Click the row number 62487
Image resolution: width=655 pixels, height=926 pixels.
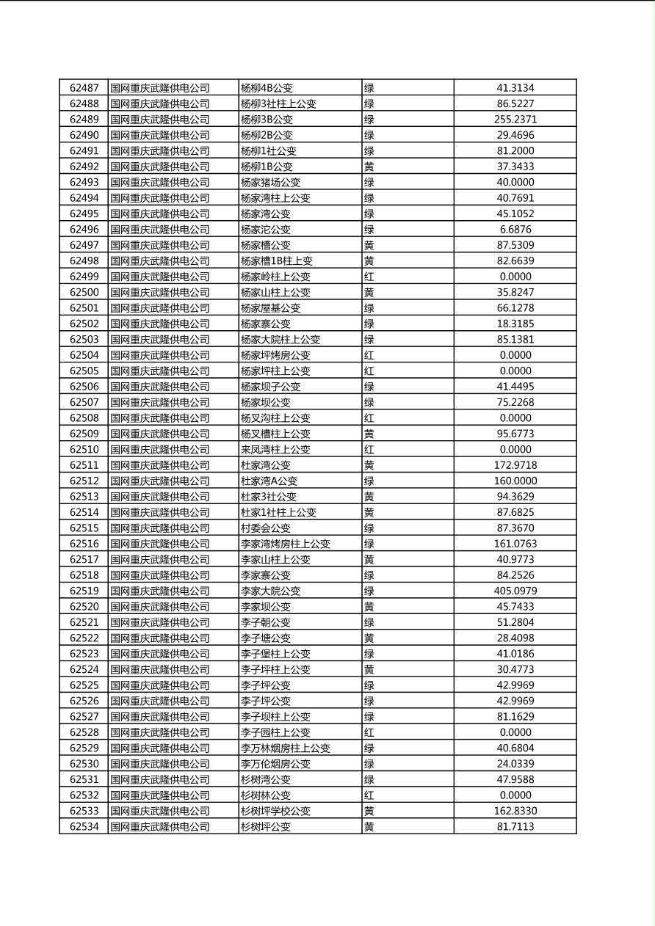[x=84, y=88]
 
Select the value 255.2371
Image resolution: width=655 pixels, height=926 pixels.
[x=515, y=120]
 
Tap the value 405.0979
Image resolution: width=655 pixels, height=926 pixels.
[x=515, y=591]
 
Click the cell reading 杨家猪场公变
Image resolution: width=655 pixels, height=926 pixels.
[x=270, y=182]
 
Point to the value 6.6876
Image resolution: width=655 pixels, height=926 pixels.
[x=515, y=230]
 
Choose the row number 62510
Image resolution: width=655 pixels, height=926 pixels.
[x=84, y=449]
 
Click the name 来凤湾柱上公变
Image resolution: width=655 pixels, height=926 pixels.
[x=275, y=449]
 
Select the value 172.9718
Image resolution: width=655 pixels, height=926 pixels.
[x=515, y=465]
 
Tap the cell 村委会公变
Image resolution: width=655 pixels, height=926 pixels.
[x=265, y=528]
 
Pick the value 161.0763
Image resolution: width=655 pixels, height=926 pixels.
[x=515, y=544]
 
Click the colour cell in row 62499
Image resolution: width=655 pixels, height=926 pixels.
[x=369, y=277]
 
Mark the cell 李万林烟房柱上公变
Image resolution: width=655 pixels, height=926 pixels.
[x=285, y=748]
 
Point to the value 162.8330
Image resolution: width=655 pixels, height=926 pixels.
[x=515, y=811]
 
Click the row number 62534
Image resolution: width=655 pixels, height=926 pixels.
[x=84, y=827]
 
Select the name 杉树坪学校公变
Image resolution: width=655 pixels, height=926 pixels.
[x=275, y=811]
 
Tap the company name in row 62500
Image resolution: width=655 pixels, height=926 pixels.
[x=160, y=292]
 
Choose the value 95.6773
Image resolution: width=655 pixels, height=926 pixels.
[x=515, y=434]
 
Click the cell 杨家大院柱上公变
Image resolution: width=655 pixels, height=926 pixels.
[x=280, y=340]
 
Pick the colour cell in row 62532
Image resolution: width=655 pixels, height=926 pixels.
[x=369, y=795]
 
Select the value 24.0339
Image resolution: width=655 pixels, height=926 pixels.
[x=515, y=764]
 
